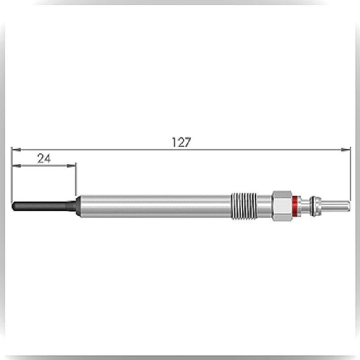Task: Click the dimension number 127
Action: [x=181, y=142]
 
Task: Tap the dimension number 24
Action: [x=44, y=159]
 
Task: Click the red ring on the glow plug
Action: [x=296, y=206]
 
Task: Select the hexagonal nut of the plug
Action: [x=282, y=206]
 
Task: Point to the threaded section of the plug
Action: [x=244, y=206]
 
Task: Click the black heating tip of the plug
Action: [x=44, y=206]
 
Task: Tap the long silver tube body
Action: [x=156, y=206]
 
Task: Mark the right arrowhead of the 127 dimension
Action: [x=346, y=150]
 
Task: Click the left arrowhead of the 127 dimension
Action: [x=16, y=150]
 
